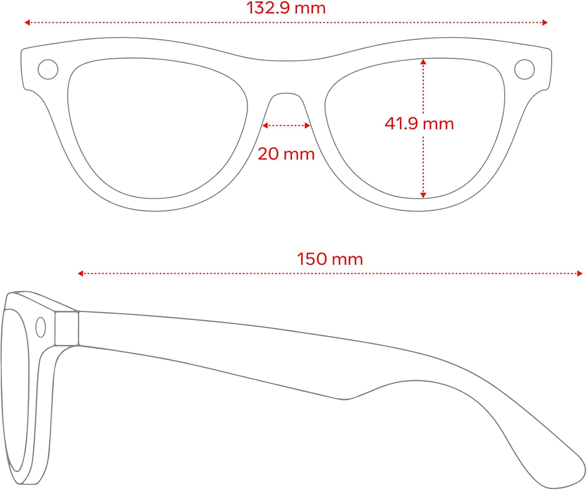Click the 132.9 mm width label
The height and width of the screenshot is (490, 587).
286,8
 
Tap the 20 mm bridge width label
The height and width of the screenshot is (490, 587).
286,154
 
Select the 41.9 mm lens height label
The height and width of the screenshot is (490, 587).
419,124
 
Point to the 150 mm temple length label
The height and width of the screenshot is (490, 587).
330,259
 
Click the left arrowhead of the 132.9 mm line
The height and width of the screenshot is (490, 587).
27,22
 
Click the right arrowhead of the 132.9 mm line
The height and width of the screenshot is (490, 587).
545,22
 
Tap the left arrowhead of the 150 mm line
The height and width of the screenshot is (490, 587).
80,273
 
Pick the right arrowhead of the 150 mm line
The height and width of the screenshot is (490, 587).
580,273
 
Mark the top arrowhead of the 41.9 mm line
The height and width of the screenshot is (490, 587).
423,61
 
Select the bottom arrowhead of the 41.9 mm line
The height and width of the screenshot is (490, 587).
423,195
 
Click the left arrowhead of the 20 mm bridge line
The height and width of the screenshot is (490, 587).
265,126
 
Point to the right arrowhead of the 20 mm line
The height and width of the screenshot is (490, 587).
308,126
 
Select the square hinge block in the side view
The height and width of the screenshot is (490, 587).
67,328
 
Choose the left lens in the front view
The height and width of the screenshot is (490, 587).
157,128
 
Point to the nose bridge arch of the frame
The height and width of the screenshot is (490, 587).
286,93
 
